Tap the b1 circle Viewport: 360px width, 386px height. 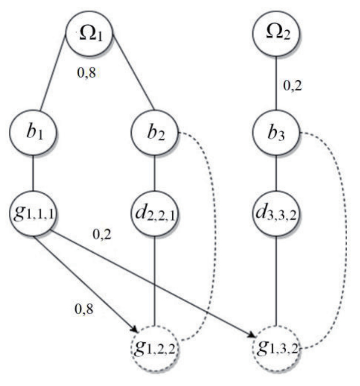[x=33, y=133]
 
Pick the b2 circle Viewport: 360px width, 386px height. [x=155, y=133]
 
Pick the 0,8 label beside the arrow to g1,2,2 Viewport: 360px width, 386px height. [x=84, y=311]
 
